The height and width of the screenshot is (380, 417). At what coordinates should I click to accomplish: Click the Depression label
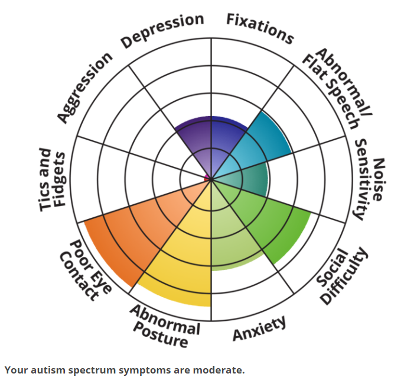pyautogui.click(x=162, y=31)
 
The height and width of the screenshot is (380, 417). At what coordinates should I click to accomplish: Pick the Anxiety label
pyautogui.click(x=259, y=329)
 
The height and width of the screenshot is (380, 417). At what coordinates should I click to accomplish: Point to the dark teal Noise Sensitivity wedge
pyautogui.click(x=248, y=181)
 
